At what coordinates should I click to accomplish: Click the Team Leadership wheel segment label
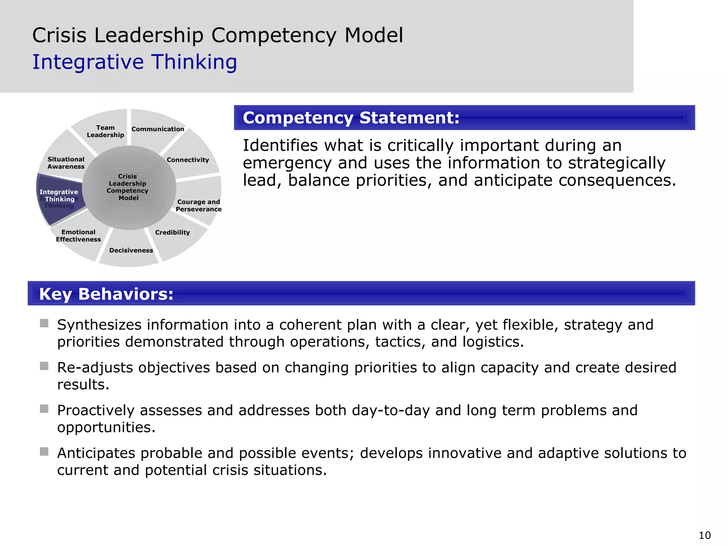click(x=105, y=131)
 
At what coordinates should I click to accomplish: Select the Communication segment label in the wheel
click(x=158, y=129)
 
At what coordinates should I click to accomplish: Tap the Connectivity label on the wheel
click(x=188, y=160)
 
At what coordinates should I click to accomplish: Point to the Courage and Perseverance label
click(x=198, y=205)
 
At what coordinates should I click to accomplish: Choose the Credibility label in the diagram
click(x=172, y=232)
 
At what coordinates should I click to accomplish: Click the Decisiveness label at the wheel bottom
click(x=131, y=250)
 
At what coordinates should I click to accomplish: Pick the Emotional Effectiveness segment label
click(x=78, y=236)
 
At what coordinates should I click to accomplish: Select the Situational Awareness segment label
click(x=66, y=163)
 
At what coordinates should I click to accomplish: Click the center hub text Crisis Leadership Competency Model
click(x=128, y=187)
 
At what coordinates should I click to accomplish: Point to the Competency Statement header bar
click(x=464, y=118)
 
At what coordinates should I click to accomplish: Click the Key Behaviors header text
click(x=106, y=294)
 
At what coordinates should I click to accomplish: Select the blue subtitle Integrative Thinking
click(x=134, y=62)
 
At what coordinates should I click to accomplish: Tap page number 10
click(x=705, y=535)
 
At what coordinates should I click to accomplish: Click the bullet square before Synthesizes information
click(x=44, y=323)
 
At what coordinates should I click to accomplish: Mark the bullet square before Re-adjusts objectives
click(x=44, y=366)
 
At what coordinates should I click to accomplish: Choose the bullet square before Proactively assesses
click(x=44, y=409)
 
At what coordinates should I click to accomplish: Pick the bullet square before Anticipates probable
click(x=44, y=451)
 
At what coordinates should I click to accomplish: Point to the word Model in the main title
click(x=374, y=36)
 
